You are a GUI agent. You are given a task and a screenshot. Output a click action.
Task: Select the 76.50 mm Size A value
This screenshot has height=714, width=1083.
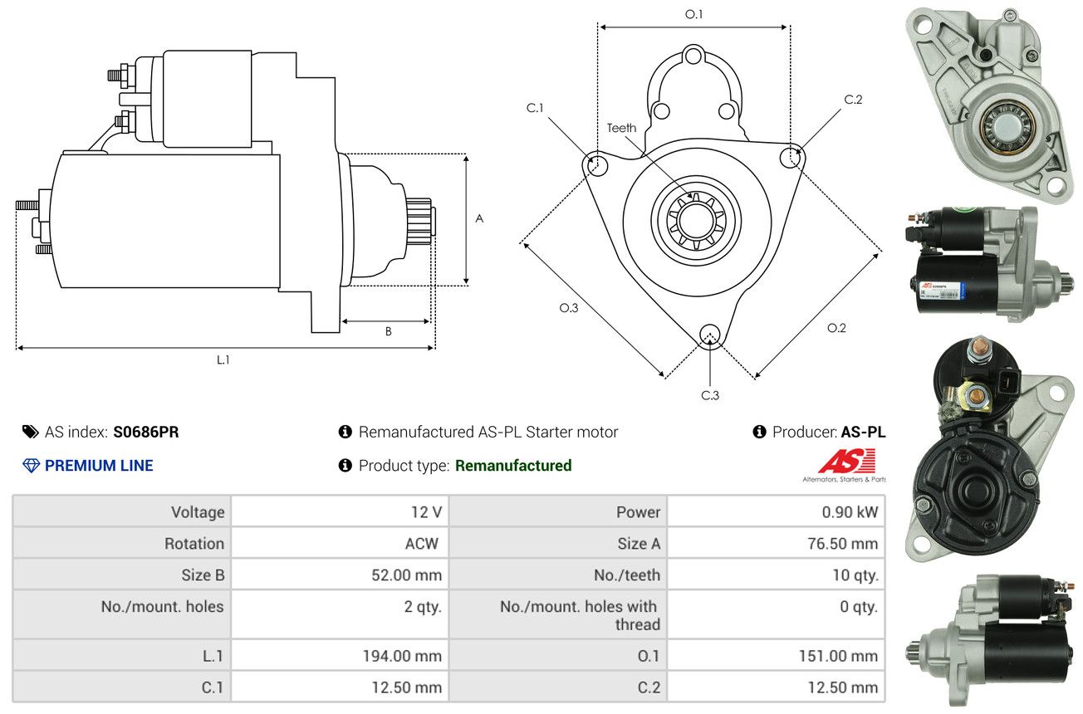[842, 543]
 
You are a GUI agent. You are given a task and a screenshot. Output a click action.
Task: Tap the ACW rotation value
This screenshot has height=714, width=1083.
[422, 543]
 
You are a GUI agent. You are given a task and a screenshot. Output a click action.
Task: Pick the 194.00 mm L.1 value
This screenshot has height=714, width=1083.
[402, 656]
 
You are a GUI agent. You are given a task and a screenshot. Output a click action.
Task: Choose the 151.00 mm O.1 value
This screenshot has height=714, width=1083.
[838, 656]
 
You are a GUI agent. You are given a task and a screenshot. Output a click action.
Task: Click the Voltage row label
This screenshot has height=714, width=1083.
[198, 512]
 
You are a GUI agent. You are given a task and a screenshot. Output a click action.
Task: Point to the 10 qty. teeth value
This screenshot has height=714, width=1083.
[855, 575]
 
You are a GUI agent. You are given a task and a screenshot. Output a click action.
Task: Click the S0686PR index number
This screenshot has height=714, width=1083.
[146, 432]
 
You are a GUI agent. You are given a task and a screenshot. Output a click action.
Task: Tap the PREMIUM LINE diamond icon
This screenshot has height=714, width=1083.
[31, 466]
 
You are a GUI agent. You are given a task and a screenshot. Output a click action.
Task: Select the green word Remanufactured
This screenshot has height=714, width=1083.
[513, 466]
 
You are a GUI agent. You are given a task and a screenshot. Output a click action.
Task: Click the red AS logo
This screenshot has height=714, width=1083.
[847, 461]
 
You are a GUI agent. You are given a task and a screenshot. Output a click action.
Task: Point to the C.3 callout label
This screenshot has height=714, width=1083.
[710, 395]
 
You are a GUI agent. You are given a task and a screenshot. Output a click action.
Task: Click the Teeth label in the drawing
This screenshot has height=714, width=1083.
[621, 128]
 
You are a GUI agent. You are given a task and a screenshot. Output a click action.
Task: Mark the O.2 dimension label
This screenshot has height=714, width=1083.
[836, 328]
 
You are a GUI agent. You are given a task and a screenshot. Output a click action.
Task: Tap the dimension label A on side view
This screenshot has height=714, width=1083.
[479, 218]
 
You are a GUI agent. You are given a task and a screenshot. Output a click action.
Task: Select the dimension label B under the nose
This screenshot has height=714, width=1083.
[388, 331]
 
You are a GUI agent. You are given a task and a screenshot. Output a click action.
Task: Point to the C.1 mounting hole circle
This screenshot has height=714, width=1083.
[595, 164]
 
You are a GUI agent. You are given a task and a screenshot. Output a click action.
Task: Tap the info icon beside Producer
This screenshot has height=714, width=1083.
[760, 432]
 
